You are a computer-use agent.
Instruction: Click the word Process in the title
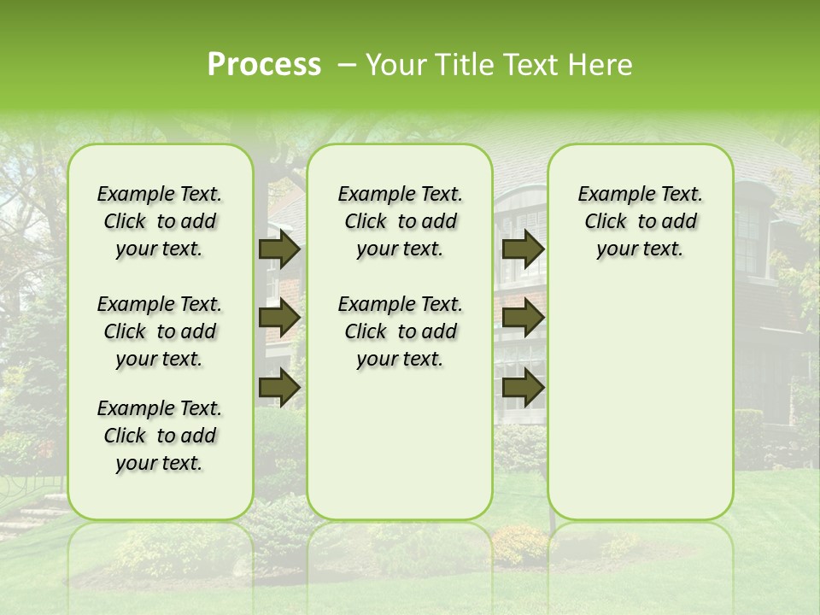(264, 65)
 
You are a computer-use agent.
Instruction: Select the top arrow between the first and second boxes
(279, 249)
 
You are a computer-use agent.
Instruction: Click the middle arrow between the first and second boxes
(279, 319)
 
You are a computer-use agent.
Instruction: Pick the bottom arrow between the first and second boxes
(279, 388)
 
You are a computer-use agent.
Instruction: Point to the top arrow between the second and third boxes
(523, 249)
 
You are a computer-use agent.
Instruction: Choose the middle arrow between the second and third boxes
(523, 319)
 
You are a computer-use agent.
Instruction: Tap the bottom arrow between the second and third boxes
(523, 388)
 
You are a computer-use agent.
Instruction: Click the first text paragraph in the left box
(160, 221)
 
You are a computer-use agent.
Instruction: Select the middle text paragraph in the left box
(160, 331)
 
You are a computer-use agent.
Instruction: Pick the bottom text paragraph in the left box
(160, 436)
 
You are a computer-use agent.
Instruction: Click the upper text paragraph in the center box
(400, 221)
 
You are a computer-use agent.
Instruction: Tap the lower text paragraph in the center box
(400, 331)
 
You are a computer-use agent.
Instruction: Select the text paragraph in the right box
(640, 221)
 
